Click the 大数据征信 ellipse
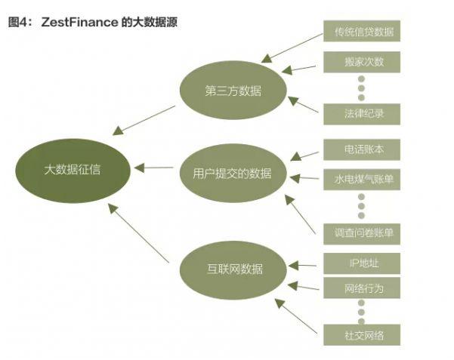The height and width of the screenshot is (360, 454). tap(73, 169)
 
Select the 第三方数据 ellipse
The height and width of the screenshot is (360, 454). tap(233, 91)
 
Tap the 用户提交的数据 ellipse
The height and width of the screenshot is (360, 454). tap(226, 173)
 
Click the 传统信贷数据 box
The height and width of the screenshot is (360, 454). tap(359, 32)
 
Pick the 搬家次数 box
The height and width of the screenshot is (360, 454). tap(359, 61)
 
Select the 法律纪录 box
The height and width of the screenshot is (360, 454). tap(359, 114)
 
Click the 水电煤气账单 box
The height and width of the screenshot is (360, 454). tap(359, 180)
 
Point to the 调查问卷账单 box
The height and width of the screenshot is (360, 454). tap(359, 232)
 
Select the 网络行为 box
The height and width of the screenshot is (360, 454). tap(359, 288)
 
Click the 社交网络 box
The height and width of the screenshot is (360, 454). tap(359, 334)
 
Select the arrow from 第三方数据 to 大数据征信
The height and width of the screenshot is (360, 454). tap(148, 120)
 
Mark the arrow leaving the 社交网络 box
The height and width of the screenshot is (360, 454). tap(297, 316)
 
